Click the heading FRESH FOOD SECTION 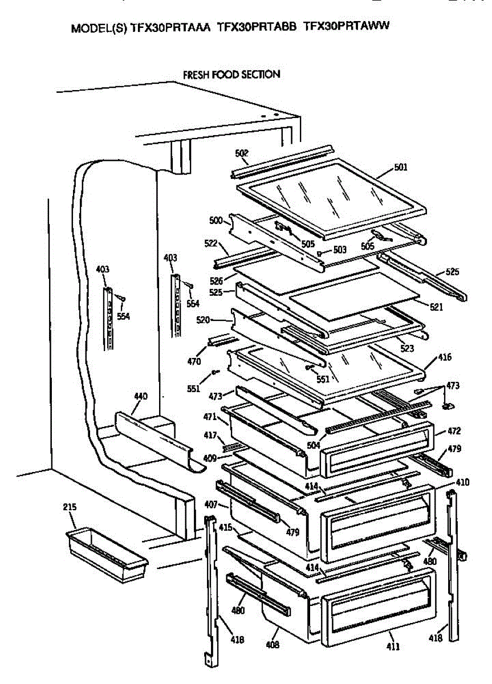point(231,74)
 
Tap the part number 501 point(401,168)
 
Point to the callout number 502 point(242,153)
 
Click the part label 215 point(70,507)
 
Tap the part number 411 point(393,646)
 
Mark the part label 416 point(444,357)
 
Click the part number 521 point(436,307)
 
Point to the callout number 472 point(454,431)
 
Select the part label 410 point(462,482)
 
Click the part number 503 point(340,249)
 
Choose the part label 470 point(194,361)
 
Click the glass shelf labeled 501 point(331,197)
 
